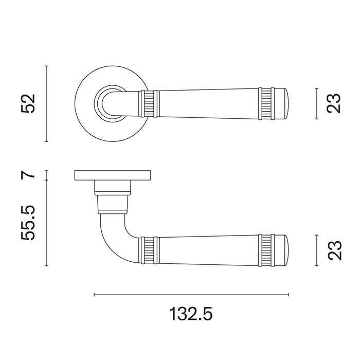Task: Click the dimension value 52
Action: pyautogui.click(x=28, y=103)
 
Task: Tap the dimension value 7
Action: pyautogui.click(x=28, y=175)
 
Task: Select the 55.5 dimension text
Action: pyautogui.click(x=28, y=223)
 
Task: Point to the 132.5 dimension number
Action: pyautogui.click(x=191, y=314)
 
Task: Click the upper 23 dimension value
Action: pyautogui.click(x=334, y=103)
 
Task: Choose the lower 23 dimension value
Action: pyautogui.click(x=334, y=250)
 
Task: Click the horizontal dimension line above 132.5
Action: pyautogui.click(x=191, y=295)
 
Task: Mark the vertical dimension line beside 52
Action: pyautogui.click(x=46, y=103)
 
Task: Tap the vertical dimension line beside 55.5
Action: pyautogui.click(x=46, y=223)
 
